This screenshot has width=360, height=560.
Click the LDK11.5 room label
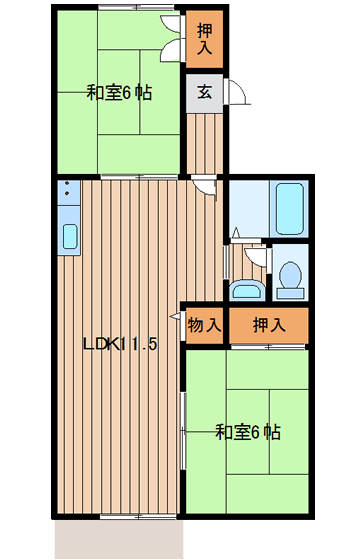(x=120, y=344)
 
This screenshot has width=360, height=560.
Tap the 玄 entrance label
(x=205, y=92)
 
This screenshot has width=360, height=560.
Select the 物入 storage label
(x=204, y=325)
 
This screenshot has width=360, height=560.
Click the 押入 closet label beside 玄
(x=205, y=39)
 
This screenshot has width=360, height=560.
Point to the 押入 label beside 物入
(x=269, y=325)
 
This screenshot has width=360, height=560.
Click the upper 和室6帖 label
(x=119, y=93)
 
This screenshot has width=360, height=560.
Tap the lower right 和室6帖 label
(x=248, y=432)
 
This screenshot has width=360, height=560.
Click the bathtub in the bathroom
(x=289, y=209)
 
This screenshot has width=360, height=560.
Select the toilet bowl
(x=290, y=276)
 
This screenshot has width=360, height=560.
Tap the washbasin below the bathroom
(x=247, y=289)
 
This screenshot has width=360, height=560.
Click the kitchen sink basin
(x=70, y=236)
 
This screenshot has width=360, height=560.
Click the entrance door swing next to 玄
(x=236, y=92)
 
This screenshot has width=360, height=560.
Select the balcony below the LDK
(x=119, y=539)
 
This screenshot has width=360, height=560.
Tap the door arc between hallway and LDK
(x=204, y=186)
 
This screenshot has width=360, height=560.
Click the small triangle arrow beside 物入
(x=175, y=316)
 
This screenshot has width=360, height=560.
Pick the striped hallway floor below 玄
(x=205, y=144)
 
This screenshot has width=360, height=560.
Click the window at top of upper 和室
(x=136, y=7)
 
